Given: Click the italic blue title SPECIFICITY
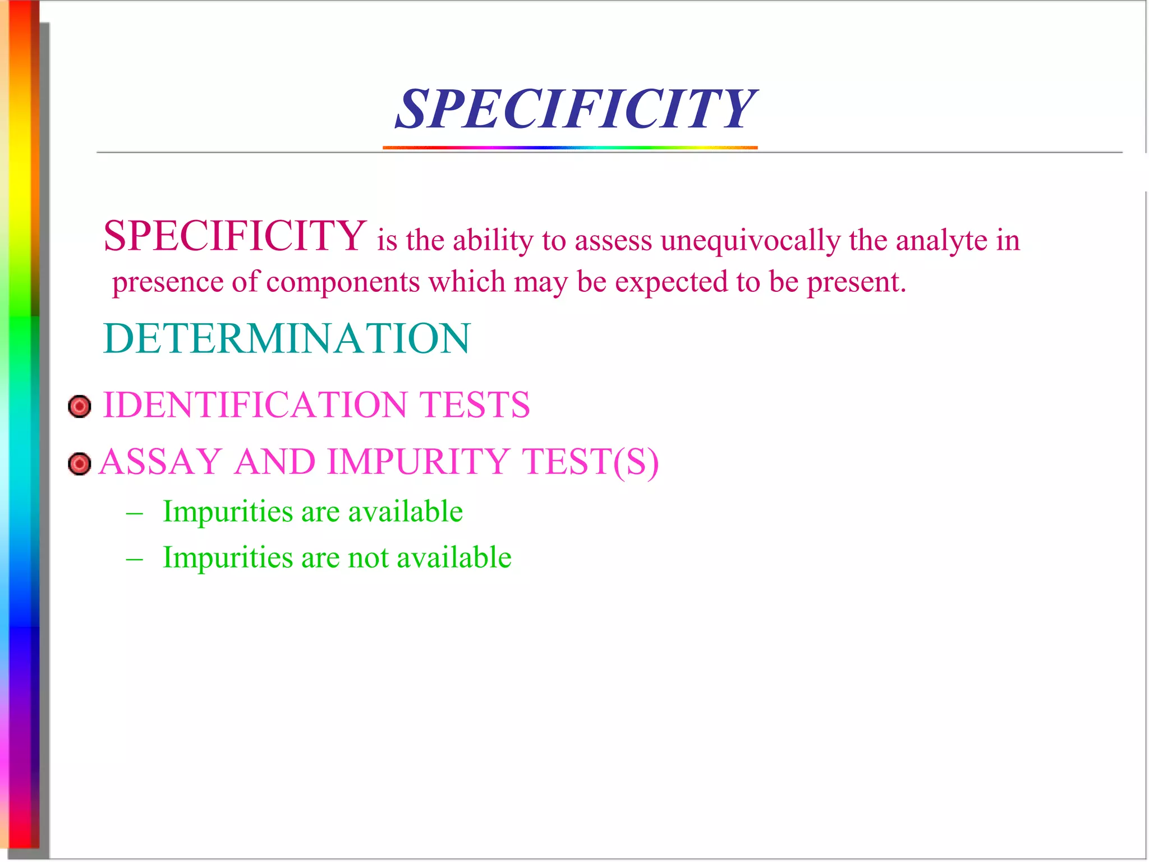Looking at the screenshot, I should [x=576, y=109].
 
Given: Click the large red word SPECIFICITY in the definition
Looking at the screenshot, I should [x=235, y=236].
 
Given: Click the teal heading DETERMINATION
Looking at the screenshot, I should [x=287, y=339].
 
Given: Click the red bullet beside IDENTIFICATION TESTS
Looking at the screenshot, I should [x=79, y=406].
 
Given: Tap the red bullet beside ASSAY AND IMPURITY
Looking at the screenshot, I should [x=79, y=464].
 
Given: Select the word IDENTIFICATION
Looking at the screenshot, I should [x=255, y=405].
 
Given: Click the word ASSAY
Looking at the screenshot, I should [x=160, y=462].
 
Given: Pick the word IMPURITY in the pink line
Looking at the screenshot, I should [x=417, y=462].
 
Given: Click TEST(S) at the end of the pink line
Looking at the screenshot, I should [x=590, y=462].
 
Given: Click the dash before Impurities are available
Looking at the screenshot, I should [x=135, y=513].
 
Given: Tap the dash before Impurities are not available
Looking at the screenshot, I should [x=135, y=560].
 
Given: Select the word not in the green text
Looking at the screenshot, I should [x=368, y=558].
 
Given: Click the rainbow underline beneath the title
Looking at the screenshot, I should [x=570, y=148].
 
